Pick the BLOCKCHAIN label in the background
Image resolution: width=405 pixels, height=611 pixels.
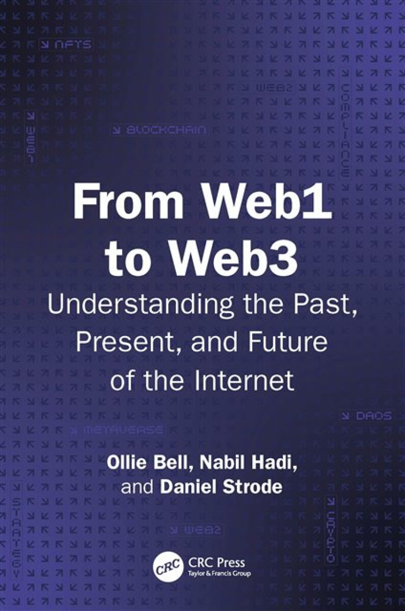coord(159,130)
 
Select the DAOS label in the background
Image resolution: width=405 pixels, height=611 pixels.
coord(366,416)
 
